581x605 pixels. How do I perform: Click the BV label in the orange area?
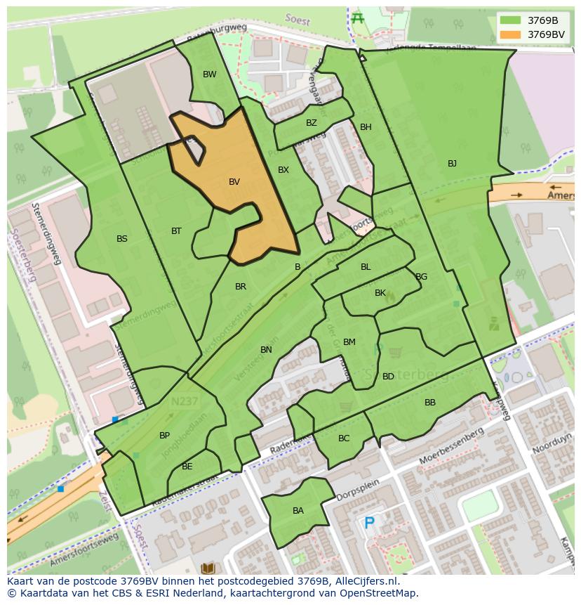[x=234, y=182]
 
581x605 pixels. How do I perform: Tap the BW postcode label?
[x=210, y=74]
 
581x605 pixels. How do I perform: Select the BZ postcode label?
[x=312, y=123]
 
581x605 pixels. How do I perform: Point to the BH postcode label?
[x=366, y=127]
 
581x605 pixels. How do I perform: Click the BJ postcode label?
[x=452, y=164]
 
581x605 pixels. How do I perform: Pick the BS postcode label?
[x=122, y=239]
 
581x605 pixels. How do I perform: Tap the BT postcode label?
[x=176, y=231]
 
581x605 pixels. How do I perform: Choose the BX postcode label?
[x=283, y=170]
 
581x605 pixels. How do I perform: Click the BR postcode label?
[x=241, y=287]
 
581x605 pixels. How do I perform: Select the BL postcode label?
[x=366, y=267]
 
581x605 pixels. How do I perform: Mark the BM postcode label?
[x=349, y=342]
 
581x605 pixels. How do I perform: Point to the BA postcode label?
[x=298, y=511]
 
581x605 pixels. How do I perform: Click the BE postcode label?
[x=187, y=467]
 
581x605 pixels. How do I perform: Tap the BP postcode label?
[x=164, y=436]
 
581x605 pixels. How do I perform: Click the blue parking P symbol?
[x=369, y=523]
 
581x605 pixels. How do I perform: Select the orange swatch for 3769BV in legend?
[x=511, y=34]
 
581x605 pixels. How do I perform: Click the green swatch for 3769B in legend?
[x=511, y=20]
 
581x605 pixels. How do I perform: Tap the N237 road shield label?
[x=185, y=402]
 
